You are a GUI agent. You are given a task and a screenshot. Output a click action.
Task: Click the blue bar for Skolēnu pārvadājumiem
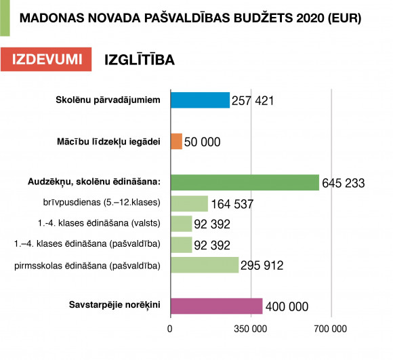coord(201,100)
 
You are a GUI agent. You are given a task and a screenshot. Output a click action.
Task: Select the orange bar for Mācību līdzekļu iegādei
coord(177,142)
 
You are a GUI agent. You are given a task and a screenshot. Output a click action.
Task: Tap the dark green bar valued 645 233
coord(245,182)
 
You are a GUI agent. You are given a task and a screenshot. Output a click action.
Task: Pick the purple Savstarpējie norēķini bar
coord(217,306)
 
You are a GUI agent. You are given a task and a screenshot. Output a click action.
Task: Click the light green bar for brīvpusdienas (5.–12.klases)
coord(190,203)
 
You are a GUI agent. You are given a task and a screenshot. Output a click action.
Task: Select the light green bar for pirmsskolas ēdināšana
coord(205,265)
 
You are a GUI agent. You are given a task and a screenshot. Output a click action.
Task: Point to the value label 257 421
coord(253,100)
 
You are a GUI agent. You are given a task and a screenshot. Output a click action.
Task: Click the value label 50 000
coord(203,142)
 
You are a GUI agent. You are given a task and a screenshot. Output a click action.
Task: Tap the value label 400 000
coord(287,306)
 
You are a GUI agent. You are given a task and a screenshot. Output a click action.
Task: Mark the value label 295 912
coord(262,266)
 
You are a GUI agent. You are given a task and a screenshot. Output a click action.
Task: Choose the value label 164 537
coord(232,204)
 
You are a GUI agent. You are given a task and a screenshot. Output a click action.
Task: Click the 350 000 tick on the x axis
coord(251,329)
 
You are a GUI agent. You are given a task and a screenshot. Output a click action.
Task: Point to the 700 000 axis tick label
coord(331,329)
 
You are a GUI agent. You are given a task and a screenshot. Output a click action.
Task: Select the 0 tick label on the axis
coord(170,329)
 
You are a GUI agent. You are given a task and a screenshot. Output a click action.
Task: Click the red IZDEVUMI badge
coord(46,60)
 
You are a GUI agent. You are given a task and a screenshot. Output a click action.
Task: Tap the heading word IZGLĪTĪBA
coord(140,60)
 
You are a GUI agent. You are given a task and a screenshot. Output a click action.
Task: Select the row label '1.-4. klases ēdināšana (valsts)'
coord(99,223)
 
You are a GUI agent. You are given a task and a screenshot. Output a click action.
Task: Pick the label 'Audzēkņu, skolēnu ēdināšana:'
coord(94,182)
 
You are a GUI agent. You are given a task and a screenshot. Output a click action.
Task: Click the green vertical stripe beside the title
coord(5,18)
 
